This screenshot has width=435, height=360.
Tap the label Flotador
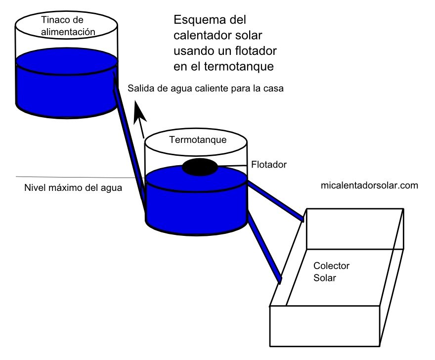(x=269, y=164)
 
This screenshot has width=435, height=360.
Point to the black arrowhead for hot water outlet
(x=139, y=111)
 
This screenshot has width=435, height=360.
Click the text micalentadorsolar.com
(x=369, y=186)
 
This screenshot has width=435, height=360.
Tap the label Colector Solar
(x=331, y=272)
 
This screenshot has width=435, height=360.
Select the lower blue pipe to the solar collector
(x=264, y=246)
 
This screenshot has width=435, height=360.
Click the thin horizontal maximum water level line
(x=74, y=177)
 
